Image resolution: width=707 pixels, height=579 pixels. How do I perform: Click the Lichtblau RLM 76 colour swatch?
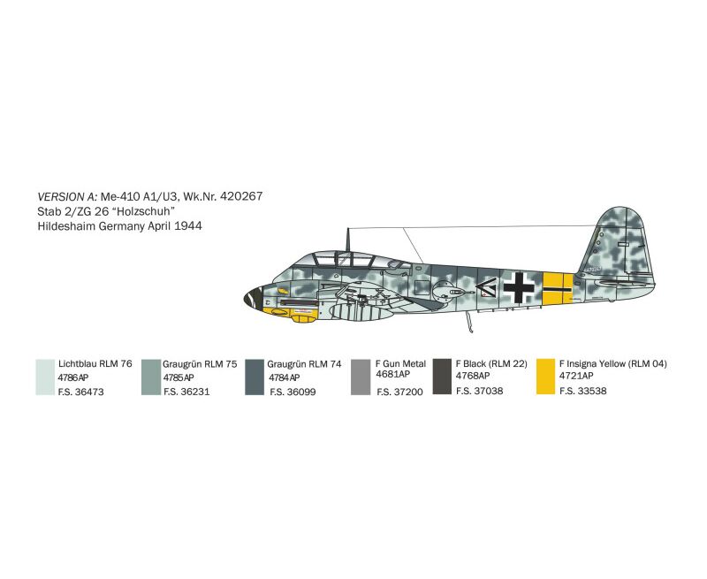[46, 377]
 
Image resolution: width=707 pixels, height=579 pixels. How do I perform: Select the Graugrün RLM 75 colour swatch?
[151, 377]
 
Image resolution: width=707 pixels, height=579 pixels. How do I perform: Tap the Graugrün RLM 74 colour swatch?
[255, 377]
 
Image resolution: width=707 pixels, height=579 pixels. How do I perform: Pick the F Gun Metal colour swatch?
[361, 377]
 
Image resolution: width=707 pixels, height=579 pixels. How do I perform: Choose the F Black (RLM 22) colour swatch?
[442, 377]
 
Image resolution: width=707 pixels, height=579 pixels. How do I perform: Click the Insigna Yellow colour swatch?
[545, 377]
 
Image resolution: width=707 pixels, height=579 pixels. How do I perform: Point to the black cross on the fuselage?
[519, 287]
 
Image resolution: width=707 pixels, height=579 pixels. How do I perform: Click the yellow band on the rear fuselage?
[558, 288]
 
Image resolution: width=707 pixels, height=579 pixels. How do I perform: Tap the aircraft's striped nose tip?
[253, 298]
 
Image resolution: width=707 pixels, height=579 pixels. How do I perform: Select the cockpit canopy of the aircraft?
[343, 260]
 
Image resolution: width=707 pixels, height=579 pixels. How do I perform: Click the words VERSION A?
[67, 196]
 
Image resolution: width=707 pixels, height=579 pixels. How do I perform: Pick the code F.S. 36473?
[80, 392]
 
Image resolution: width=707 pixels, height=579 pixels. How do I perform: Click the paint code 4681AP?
[392, 374]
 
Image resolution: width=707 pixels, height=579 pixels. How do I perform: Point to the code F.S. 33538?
[583, 391]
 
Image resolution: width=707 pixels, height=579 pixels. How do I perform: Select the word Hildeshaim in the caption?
[66, 226]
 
